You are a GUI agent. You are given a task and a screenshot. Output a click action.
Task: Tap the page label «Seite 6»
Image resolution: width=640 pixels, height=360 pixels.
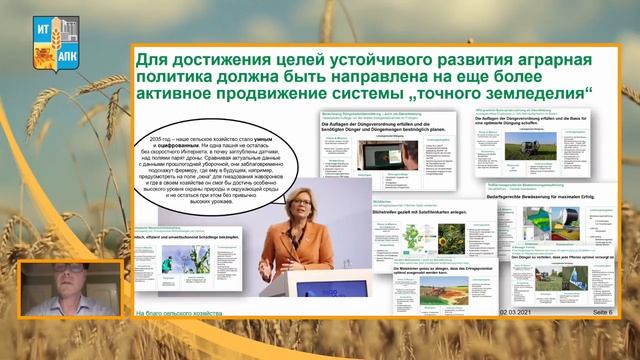click(x=597, y=314)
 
